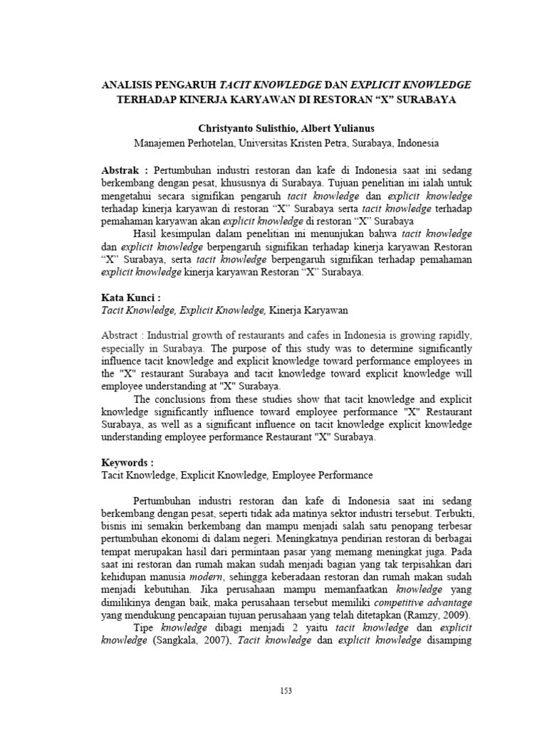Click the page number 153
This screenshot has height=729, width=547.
[x=286, y=691]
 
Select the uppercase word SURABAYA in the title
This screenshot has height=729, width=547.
[x=424, y=99]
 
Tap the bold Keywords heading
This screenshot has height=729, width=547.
[x=127, y=461]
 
